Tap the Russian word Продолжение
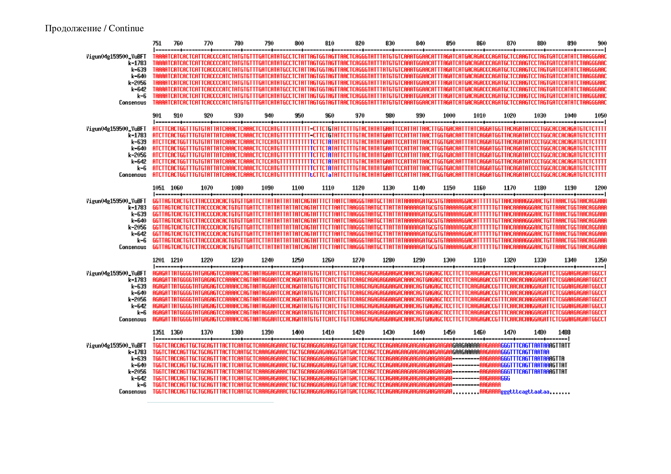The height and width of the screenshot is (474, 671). [73, 28]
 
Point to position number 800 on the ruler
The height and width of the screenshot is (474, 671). [299, 43]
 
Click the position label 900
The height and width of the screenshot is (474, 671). [602, 43]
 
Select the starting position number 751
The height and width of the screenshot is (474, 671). [157, 43]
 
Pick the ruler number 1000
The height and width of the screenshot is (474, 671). [449, 115]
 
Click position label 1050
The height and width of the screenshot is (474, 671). [600, 115]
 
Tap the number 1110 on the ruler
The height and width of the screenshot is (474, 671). [328, 188]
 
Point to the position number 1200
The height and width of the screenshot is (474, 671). [600, 188]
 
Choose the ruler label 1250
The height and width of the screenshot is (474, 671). [297, 260]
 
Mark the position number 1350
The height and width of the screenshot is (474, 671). [600, 260]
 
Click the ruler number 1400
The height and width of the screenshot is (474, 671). [297, 332]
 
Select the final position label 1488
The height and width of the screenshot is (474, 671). [564, 332]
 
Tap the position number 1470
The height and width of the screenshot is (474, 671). [509, 332]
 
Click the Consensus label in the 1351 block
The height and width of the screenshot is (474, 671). [132, 391]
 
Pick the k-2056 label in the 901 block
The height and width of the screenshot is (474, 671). [137, 155]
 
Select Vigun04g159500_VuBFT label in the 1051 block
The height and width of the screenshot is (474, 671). [116, 201]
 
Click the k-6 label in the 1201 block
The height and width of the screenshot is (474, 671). [141, 313]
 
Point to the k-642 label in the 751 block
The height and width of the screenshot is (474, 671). [139, 89]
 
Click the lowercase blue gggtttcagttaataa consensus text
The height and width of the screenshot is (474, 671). [525, 392]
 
